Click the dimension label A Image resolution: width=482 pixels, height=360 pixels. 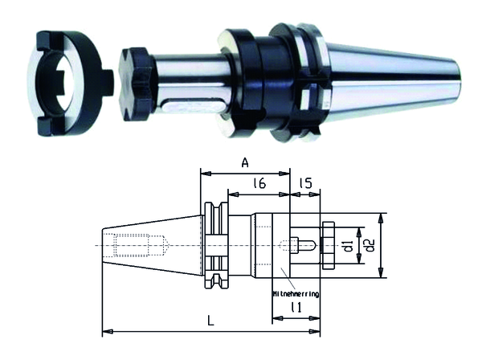click(x=245, y=162)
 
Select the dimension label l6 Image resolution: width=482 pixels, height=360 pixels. click(x=259, y=183)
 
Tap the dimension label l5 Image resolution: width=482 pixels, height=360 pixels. click(x=305, y=183)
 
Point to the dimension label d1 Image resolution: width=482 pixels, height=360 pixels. click(x=349, y=246)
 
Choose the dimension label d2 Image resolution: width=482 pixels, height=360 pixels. click(x=370, y=245)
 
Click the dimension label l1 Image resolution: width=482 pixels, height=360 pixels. click(x=296, y=307)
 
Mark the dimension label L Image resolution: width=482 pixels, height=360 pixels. click(x=210, y=321)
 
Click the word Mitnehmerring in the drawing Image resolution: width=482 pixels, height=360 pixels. click(x=296, y=294)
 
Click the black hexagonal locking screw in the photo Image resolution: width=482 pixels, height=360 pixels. click(x=135, y=84)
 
